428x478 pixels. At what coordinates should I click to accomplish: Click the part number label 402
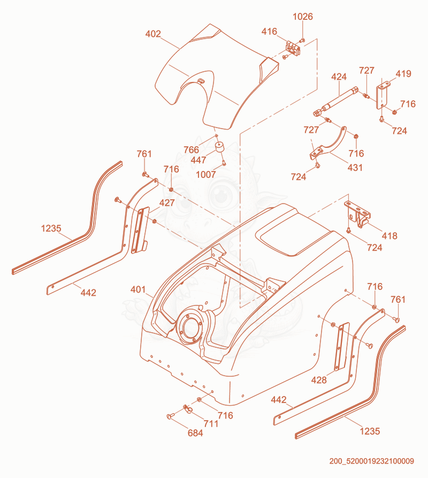(153, 34)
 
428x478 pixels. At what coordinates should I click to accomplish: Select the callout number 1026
(303, 17)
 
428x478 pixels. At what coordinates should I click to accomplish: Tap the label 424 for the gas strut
(339, 77)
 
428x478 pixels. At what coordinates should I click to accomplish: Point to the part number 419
(403, 73)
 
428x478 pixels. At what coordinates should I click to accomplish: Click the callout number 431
(355, 167)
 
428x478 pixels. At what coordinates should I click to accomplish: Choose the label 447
(198, 160)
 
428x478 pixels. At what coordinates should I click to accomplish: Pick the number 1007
(206, 174)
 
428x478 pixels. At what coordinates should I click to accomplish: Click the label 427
(167, 203)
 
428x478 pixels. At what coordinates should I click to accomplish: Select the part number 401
(138, 289)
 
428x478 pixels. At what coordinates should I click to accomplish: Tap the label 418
(389, 236)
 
